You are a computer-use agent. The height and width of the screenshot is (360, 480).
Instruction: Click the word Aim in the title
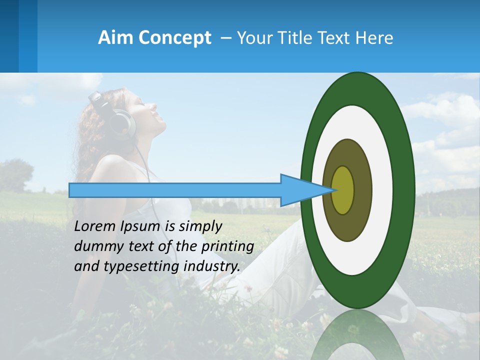[115, 38]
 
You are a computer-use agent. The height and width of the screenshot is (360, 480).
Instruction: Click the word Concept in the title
[174, 38]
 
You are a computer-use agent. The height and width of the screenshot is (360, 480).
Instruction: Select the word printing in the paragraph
[227, 246]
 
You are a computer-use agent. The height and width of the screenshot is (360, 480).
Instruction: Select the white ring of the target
[382, 190]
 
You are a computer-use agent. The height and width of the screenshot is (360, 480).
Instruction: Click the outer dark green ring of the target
[405, 190]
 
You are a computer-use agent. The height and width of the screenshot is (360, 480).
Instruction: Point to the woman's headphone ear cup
[123, 125]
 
